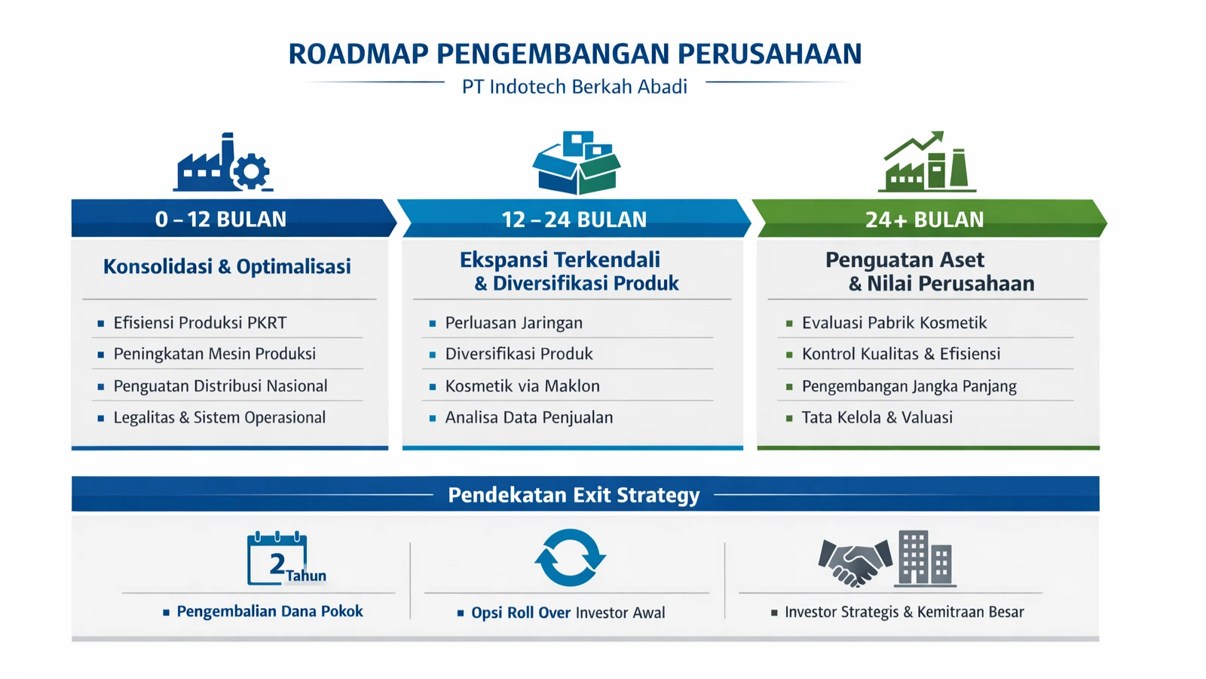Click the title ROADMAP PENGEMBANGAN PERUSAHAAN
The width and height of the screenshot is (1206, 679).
575,54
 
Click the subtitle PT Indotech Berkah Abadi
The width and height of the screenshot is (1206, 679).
574,87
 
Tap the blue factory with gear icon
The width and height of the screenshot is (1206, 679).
223,161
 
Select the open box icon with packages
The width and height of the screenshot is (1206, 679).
577,162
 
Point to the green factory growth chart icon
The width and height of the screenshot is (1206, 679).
926,161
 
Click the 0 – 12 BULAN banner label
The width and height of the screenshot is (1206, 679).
221,220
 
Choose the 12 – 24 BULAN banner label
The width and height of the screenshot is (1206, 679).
574,220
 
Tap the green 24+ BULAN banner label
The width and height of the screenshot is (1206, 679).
924,220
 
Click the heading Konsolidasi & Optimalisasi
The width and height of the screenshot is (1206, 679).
227,266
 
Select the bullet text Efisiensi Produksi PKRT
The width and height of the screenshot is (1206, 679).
200,323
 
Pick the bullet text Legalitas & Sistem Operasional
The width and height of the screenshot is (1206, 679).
219,418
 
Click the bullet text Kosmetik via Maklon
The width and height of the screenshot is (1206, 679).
522,386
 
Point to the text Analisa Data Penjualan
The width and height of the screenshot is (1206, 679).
528,418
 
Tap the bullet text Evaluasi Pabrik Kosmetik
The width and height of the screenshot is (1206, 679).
894,323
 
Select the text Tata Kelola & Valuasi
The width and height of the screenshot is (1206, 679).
877,418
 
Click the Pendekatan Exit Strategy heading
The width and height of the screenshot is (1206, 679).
574,495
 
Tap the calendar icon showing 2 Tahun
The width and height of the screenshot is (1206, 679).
286,558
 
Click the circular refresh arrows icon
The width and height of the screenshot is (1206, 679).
570,558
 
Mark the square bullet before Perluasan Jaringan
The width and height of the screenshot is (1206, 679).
433,324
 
